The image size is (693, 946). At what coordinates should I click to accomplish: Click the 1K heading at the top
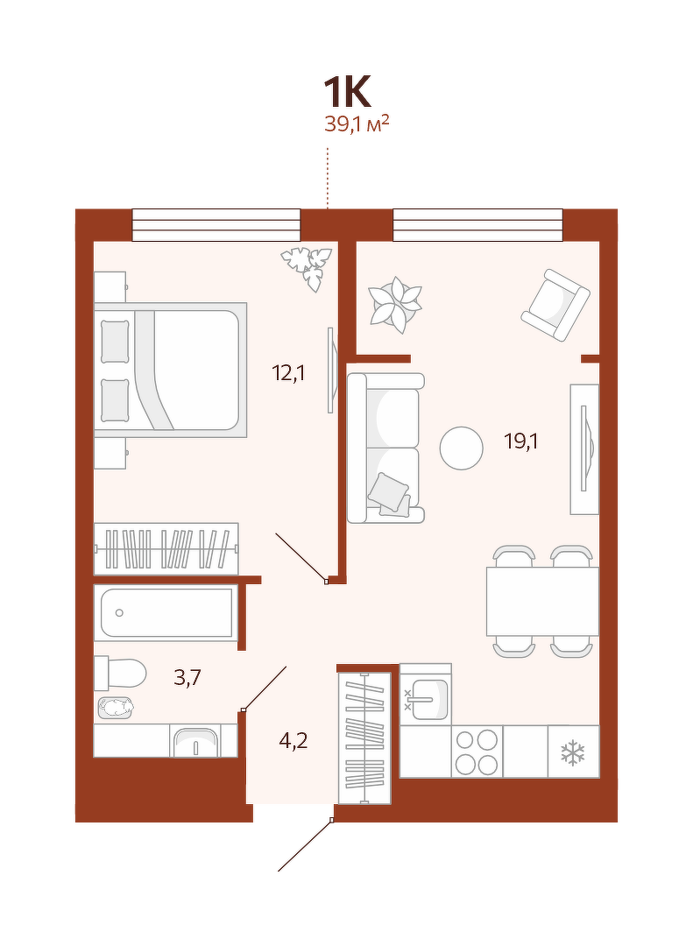point(347,92)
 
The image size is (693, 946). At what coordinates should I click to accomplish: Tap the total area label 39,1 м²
point(357,124)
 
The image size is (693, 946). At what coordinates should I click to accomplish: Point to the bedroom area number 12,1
point(288,373)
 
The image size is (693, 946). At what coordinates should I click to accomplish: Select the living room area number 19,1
point(521,442)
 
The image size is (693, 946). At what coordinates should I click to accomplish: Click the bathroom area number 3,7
point(187,677)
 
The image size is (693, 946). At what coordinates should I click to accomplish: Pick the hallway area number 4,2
point(293,740)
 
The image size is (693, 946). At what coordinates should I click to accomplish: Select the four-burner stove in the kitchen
point(477,752)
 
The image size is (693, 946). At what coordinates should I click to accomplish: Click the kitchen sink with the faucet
point(426,699)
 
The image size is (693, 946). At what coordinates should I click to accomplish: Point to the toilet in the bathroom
point(120,674)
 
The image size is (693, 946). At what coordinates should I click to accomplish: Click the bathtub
point(166,612)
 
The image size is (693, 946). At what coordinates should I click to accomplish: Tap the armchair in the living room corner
point(555,305)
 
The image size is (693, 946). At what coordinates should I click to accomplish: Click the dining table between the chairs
point(542,601)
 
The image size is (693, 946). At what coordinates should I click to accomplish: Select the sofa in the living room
point(385,448)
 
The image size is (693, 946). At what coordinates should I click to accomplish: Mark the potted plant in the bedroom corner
point(308,268)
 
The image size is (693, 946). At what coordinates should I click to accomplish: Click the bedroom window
point(216,225)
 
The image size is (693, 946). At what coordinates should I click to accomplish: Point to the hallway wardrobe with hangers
point(364,738)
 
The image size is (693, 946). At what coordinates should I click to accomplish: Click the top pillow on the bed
point(116,342)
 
